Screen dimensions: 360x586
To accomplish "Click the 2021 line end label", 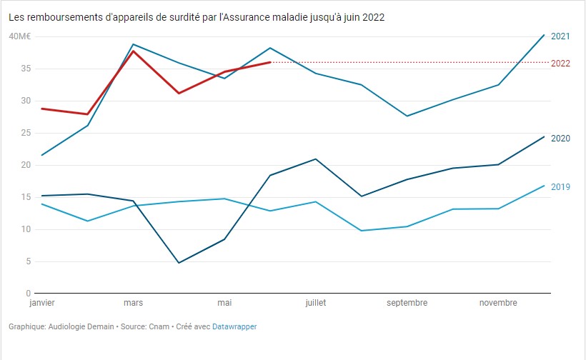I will [560, 36].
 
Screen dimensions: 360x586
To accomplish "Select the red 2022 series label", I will [560, 64].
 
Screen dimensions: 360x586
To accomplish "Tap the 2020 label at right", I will [560, 138].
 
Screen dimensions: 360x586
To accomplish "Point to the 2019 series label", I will [560, 186].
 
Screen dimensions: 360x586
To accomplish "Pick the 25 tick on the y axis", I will [25, 133].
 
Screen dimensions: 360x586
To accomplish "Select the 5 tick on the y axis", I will [27, 261].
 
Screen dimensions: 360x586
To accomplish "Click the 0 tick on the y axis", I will [27, 294].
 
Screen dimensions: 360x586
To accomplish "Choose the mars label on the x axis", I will [133, 303].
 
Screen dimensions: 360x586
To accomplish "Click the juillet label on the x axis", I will [315, 303].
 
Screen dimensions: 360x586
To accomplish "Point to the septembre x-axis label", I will [407, 303].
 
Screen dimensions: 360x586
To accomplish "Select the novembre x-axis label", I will [498, 303].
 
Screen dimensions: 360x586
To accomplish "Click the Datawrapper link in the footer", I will [234, 326].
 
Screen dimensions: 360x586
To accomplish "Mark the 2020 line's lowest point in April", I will [179, 263].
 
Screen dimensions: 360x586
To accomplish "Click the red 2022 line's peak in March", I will [133, 51].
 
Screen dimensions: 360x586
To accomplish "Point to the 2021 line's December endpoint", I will [544, 35].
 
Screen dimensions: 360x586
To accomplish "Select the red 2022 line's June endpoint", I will [270, 62].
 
